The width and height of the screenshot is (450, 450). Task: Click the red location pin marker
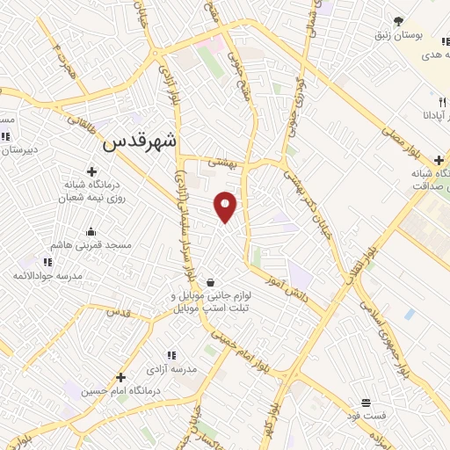(x=226, y=206)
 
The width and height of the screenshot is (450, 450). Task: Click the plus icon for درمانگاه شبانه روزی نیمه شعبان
(x=91, y=171)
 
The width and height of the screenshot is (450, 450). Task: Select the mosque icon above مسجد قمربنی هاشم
(x=91, y=232)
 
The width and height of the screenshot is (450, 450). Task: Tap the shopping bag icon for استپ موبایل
(x=211, y=283)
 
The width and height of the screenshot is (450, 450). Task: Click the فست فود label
(x=365, y=415)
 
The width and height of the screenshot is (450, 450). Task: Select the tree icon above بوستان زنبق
(x=398, y=21)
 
